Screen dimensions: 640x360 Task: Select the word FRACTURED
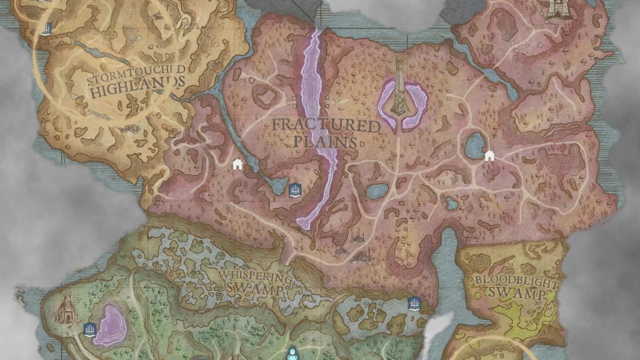[326, 126]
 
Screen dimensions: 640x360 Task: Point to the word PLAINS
[326, 142]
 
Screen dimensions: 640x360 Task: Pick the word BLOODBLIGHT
[515, 279]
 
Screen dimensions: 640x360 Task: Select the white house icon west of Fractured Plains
[237, 164]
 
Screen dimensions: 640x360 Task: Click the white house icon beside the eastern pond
[489, 155]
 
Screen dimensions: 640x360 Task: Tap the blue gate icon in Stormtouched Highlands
[46, 28]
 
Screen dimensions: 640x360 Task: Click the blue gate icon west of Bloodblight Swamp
[413, 304]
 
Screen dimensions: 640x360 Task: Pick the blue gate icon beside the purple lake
[89, 329]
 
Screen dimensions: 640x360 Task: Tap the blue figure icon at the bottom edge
[291, 354]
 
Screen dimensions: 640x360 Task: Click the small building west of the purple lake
[66, 309]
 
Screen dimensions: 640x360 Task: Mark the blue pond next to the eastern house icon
[474, 146]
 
